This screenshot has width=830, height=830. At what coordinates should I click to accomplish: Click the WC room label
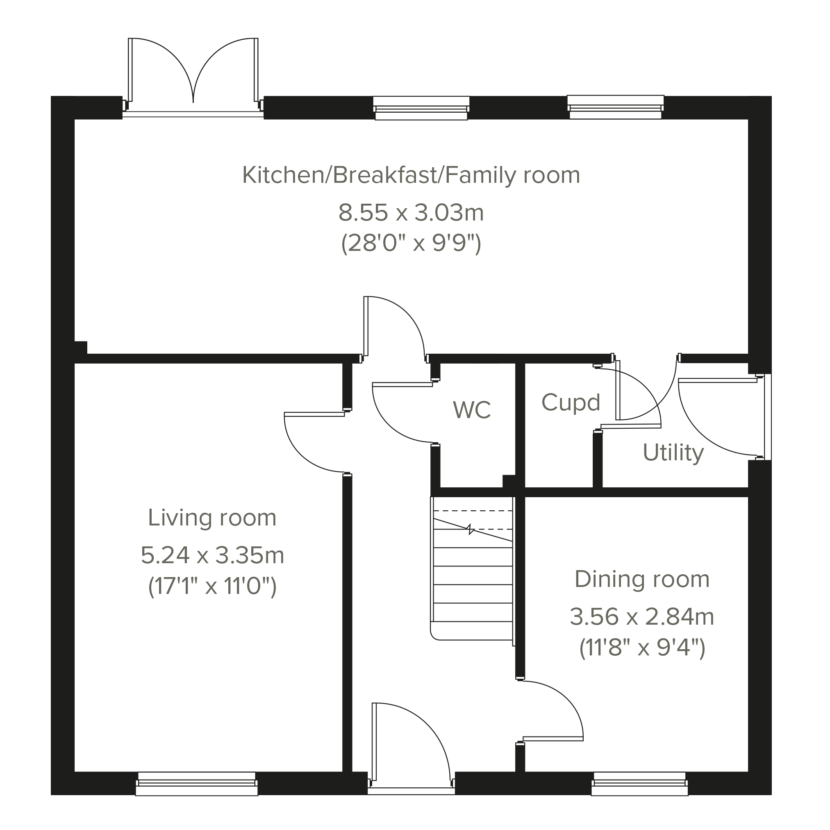(472, 410)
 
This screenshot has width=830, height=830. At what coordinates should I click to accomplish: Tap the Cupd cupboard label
(571, 403)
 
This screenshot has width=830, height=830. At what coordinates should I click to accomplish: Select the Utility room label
(673, 453)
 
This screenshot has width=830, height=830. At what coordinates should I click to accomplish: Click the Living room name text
(212, 518)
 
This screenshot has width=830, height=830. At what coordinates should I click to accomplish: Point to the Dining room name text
(642, 580)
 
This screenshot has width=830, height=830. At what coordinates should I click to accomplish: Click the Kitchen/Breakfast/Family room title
(411, 176)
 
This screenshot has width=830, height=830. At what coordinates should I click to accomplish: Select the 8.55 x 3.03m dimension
(411, 213)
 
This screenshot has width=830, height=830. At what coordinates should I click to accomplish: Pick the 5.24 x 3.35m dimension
(213, 555)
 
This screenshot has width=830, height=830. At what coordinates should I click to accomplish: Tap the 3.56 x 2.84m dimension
(642, 617)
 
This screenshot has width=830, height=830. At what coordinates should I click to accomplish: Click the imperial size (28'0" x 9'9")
(411, 244)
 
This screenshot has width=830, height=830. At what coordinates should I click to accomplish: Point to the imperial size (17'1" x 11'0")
(212, 587)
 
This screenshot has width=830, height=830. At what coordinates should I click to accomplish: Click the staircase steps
(473, 571)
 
